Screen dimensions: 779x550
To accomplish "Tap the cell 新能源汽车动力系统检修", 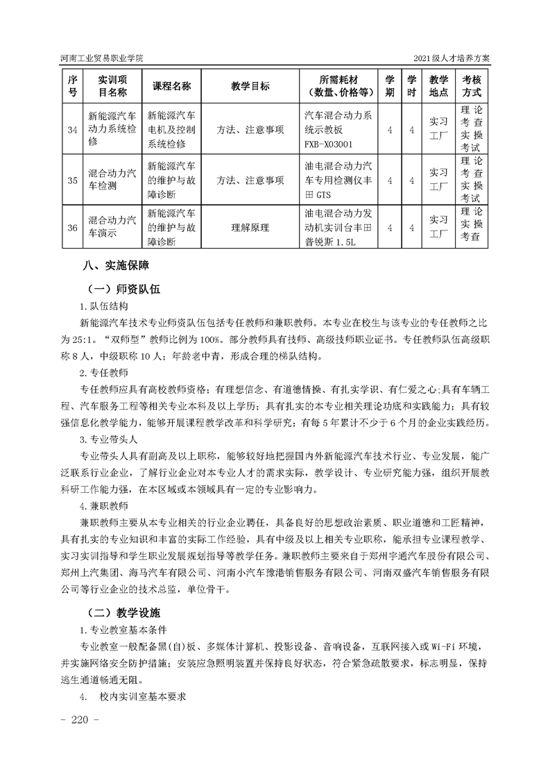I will point(112,129).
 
